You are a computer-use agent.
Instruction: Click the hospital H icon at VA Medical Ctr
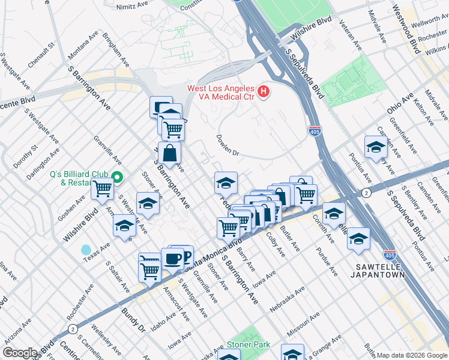pyautogui.click(x=263, y=92)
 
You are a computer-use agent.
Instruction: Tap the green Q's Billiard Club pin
pyautogui.click(x=118, y=177)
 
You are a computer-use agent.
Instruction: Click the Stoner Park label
pyautogui.click(x=246, y=346)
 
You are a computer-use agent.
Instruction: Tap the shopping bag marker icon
pyautogui.click(x=170, y=154)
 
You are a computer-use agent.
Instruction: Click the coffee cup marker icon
pyautogui.click(x=173, y=259)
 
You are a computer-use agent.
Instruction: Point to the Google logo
pyautogui.click(x=20, y=353)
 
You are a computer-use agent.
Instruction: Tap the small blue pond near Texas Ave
pyautogui.click(x=86, y=248)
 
